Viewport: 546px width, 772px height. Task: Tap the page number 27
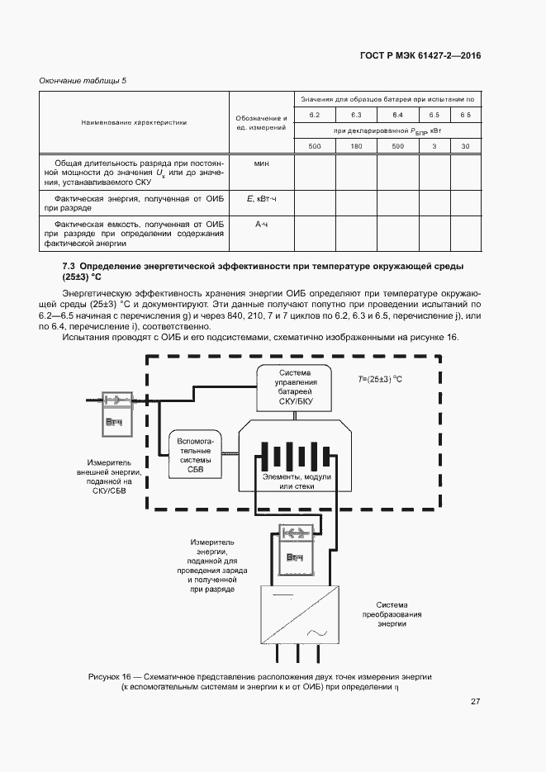pyautogui.click(x=475, y=702)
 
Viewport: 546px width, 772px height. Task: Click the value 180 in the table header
pyautogui.click(x=356, y=146)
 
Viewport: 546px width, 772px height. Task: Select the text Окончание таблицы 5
pyautogui.click(x=83, y=80)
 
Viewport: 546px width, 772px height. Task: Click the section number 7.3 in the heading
pyautogui.click(x=69, y=266)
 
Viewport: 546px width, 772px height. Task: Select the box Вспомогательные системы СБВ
pyautogui.click(x=195, y=455)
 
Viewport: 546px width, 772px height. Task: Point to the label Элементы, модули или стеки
pyautogui.click(x=297, y=481)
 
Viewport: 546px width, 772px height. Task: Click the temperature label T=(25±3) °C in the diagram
pyautogui.click(x=379, y=379)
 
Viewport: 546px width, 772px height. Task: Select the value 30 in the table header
pyautogui.click(x=466, y=146)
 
